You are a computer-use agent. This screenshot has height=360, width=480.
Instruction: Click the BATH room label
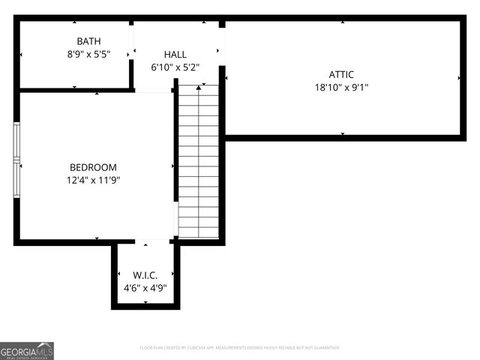pyautogui.click(x=88, y=40)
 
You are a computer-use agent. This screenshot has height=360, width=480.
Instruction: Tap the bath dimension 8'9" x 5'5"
pyautogui.click(x=88, y=54)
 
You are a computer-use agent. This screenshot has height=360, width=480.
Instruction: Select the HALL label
pyautogui.click(x=175, y=54)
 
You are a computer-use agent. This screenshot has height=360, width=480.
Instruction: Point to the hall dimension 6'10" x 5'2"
pyautogui.click(x=175, y=67)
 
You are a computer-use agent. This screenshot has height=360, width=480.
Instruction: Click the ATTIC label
pyautogui.click(x=341, y=74)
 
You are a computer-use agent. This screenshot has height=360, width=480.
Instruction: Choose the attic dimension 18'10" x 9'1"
pyautogui.click(x=341, y=87)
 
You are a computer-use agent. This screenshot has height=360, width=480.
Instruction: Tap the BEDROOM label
pyautogui.click(x=93, y=167)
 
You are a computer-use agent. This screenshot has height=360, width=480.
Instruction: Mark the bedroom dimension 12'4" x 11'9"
pyautogui.click(x=93, y=180)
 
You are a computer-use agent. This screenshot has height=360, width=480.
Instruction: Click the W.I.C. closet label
pyautogui.click(x=145, y=274)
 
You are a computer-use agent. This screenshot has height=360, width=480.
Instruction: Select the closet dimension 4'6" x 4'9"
pyautogui.click(x=145, y=287)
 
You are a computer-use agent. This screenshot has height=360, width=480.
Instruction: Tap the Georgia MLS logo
pyautogui.click(x=27, y=350)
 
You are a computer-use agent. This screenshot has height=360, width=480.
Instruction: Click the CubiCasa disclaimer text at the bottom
pyautogui.click(x=240, y=348)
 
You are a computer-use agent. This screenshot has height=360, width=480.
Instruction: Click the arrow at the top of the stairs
pyautogui.click(x=199, y=88)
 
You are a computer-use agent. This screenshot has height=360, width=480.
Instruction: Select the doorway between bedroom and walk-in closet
pyautogui.click(x=145, y=241)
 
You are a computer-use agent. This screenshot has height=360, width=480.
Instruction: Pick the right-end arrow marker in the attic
pyautogui.click(x=458, y=77)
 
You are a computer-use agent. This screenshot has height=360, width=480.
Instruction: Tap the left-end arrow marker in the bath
pyautogui.click(x=22, y=54)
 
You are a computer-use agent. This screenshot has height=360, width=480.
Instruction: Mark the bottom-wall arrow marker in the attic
pyautogui.click(x=343, y=133)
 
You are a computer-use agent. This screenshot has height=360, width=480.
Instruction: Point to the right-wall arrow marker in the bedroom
pyautogui.click(x=172, y=166)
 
